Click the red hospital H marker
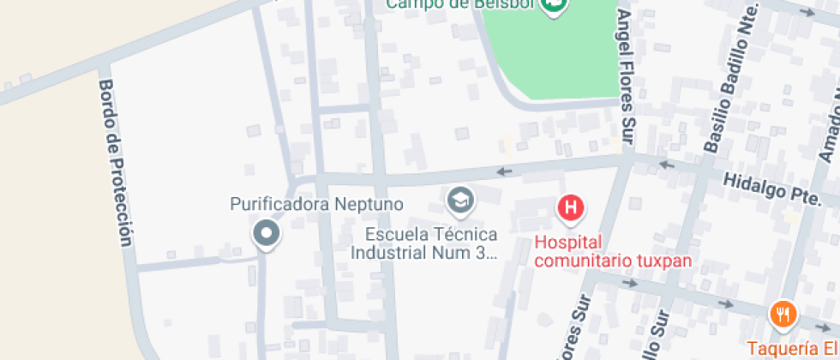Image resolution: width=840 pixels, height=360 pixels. tap(571, 207)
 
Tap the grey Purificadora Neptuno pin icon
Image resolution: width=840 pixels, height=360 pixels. tap(267, 233)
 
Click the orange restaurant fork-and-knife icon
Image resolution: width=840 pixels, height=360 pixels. tap(782, 315)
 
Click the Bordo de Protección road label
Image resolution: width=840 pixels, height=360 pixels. tap(117, 163)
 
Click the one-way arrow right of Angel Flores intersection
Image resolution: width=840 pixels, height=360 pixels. tap(667, 164)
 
